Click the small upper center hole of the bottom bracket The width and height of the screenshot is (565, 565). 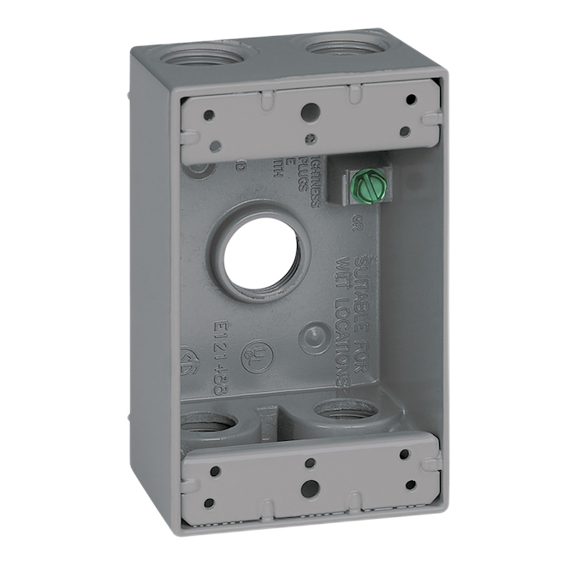pos(310,463)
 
